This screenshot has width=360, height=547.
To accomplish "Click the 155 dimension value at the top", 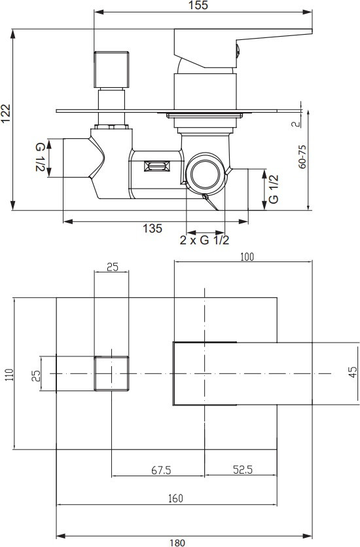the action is (x=198, y=5).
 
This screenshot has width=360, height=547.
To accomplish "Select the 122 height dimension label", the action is (x=5, y=113).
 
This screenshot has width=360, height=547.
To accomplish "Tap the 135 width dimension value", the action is (x=153, y=229).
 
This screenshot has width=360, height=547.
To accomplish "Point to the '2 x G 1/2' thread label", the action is (x=205, y=240).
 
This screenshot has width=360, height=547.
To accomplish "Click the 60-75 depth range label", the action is (x=302, y=157).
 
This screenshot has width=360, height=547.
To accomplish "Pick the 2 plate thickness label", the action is (x=296, y=124).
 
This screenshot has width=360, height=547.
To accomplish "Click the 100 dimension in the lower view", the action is (x=247, y=257).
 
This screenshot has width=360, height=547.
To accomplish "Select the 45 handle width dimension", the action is (x=353, y=372).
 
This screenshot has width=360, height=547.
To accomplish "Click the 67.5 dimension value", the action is (x=161, y=470).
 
